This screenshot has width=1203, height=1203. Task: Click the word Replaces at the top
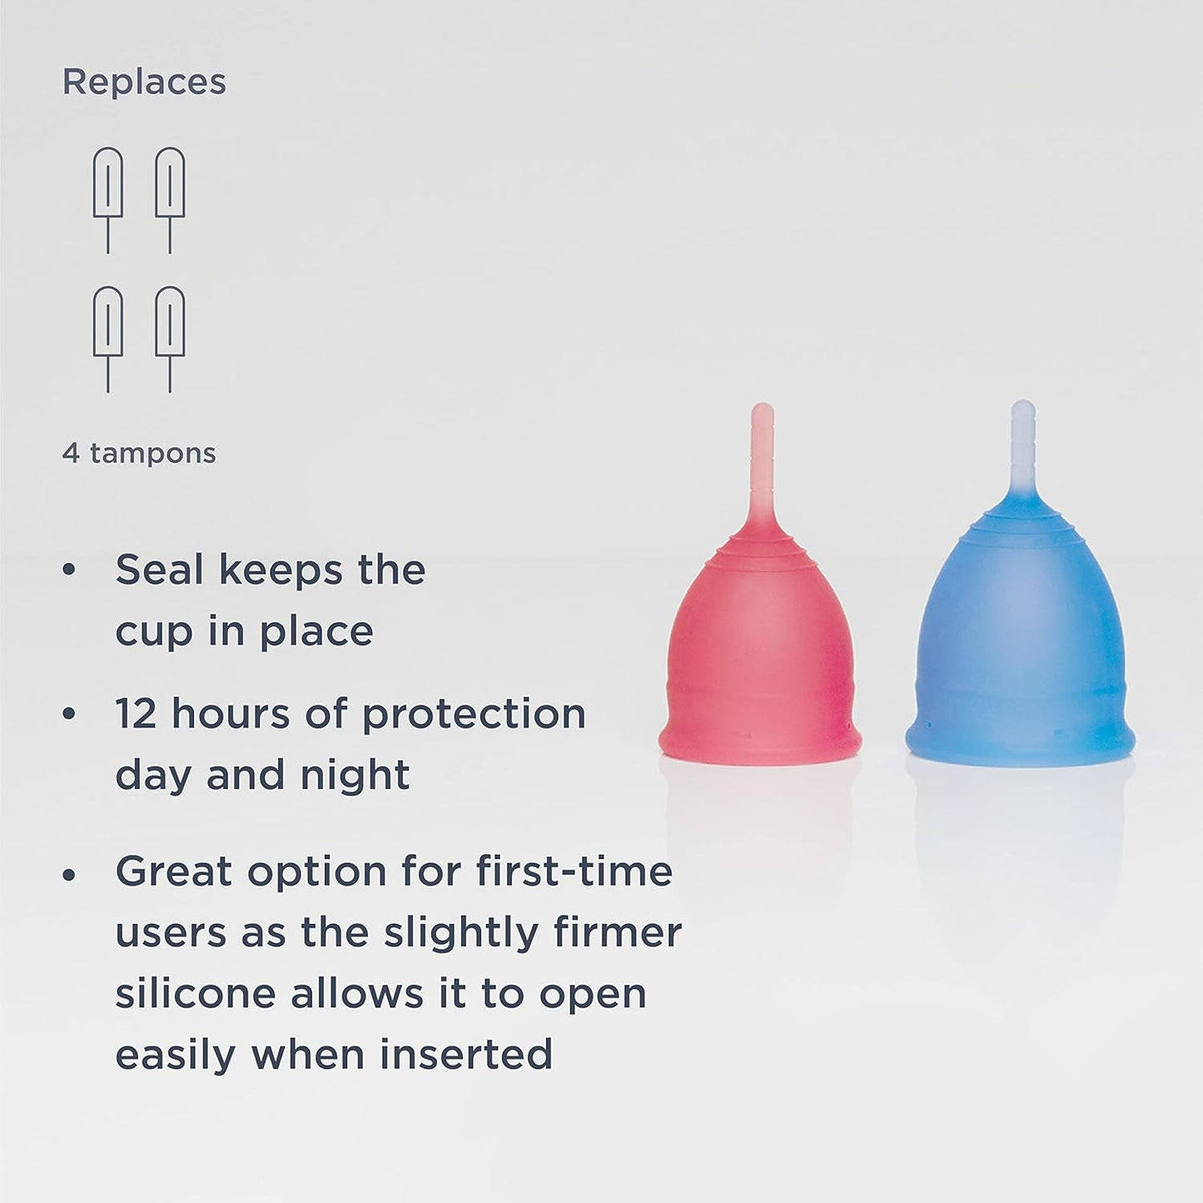pyautogui.click(x=144, y=82)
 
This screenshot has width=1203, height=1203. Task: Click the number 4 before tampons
pyautogui.click(x=71, y=454)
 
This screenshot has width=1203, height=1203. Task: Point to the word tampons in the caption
pyautogui.click(x=152, y=455)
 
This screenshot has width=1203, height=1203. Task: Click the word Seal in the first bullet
pyautogui.click(x=159, y=570)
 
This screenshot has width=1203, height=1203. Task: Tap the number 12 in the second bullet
pyautogui.click(x=136, y=714)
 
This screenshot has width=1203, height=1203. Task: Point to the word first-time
pyautogui.click(x=574, y=872)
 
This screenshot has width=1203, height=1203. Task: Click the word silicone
pyautogui.click(x=195, y=994)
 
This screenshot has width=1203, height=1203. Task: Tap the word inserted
pyautogui.click(x=466, y=1055)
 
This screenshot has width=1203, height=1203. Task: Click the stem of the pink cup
pyautogui.click(x=762, y=466)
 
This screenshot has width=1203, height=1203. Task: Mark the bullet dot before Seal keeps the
pyautogui.click(x=69, y=571)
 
